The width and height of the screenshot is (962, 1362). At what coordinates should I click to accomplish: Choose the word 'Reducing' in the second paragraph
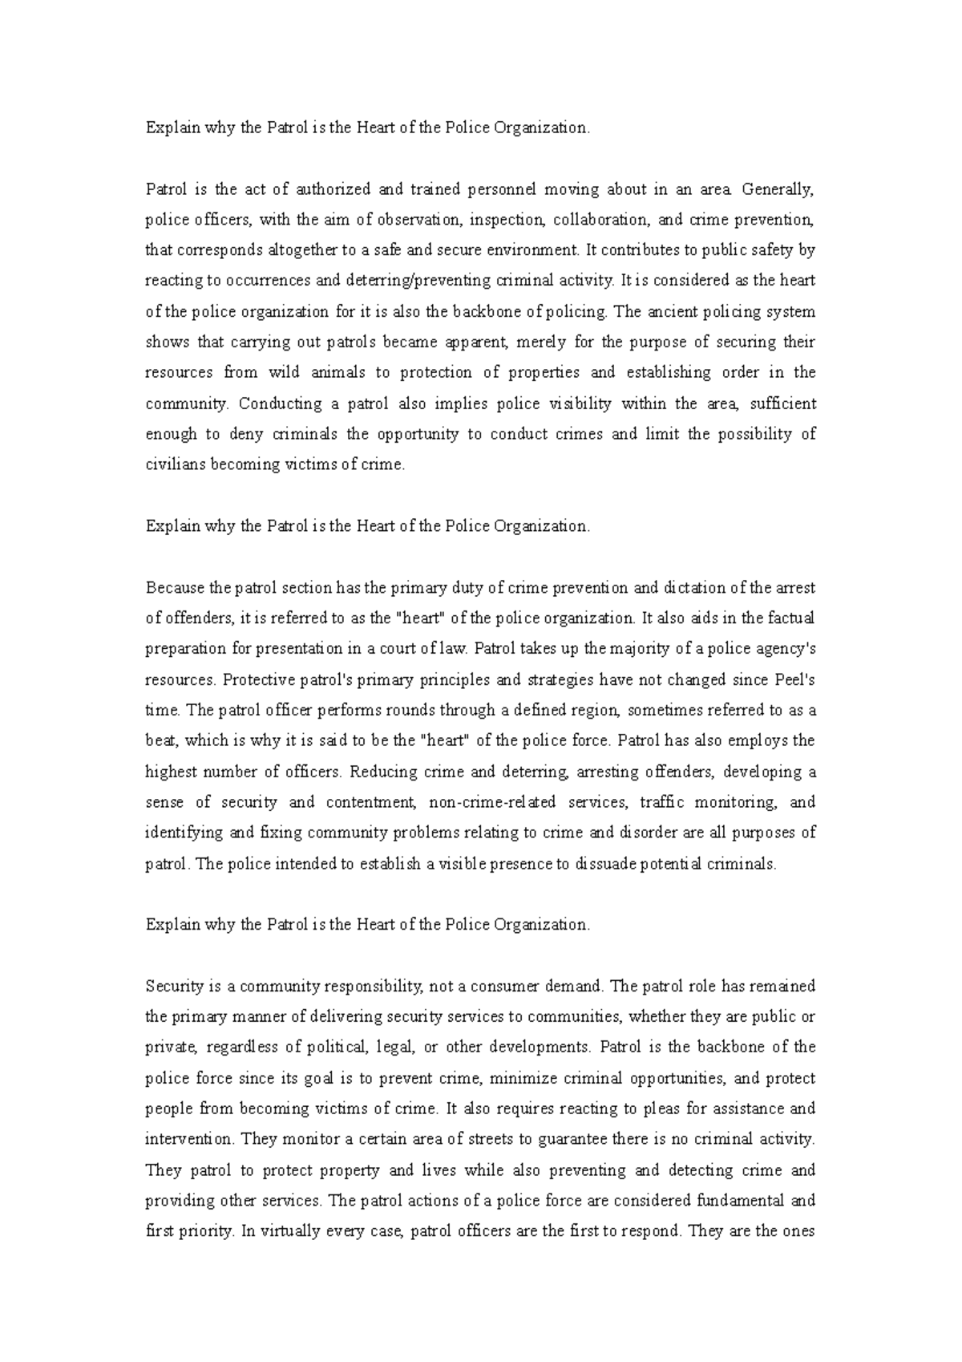click(383, 772)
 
